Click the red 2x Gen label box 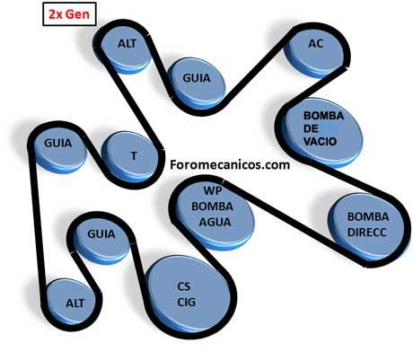pos(69,13)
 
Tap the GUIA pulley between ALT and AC pos(196,83)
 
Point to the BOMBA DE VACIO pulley pos(322,133)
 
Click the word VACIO pos(320,142)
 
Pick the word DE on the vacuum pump pos(311,128)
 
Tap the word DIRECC pos(367,233)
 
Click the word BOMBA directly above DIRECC pos(368,216)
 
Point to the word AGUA pos(215,223)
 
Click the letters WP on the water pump pos(212,190)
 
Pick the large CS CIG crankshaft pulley pos(189,295)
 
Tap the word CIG pos(186,303)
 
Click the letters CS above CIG pos(184,286)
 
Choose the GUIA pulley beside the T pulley pos(59,148)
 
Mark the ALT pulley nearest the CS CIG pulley pos(73,303)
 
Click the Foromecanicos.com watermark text pos(230,165)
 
